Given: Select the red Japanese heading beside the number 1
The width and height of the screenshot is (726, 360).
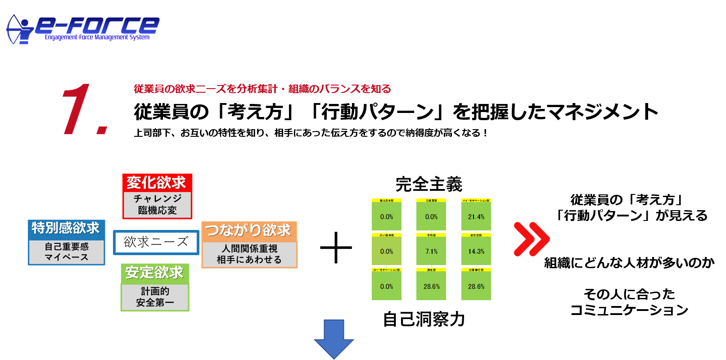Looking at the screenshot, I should pos(262,89).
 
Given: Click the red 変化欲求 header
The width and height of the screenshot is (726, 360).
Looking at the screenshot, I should pos(156,183).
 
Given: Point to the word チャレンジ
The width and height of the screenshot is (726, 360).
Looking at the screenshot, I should pos(158,198).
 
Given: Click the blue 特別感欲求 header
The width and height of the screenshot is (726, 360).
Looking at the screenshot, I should pos(66,229).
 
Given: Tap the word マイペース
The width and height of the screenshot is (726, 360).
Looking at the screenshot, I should pos(67,257).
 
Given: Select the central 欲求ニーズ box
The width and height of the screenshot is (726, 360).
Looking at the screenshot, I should pos(156,242).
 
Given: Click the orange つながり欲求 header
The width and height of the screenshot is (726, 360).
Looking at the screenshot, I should pos(248,231).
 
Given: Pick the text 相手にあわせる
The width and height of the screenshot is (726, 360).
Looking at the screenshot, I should pos(249,260).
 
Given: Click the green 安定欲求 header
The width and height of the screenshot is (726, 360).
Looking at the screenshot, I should pos(154,273).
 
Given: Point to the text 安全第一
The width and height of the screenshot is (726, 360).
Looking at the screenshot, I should pos(155,303).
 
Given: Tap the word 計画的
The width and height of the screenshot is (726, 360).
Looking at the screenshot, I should pos(155,292).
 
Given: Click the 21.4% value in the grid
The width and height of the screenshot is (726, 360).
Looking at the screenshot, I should pos(476,217).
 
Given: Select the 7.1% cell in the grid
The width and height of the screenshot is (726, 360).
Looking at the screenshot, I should pos(431,252).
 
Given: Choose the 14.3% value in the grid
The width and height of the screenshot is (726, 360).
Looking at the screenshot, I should pos(476,252).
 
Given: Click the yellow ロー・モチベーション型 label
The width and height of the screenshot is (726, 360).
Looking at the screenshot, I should pos(387,270).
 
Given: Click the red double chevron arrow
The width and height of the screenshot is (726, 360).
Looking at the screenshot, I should pos(532,239).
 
